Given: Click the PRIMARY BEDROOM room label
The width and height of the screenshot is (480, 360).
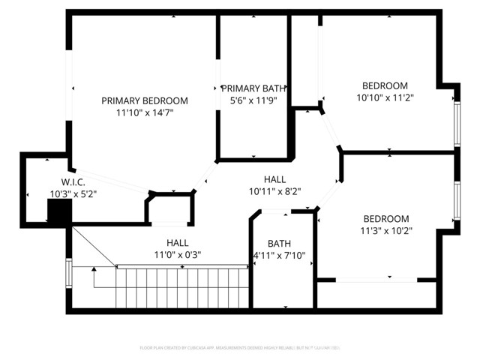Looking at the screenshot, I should coord(145,100).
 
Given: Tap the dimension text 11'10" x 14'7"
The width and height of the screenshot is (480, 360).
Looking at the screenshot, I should coord(145,112).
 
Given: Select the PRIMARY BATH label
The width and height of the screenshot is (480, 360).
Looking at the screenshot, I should coord(253,88).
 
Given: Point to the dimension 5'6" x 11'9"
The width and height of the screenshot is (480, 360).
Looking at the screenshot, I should coord(253,100).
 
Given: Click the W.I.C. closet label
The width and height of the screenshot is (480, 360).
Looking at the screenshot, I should coord(73,182).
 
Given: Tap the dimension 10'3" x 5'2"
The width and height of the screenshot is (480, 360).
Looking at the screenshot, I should coord(73,194).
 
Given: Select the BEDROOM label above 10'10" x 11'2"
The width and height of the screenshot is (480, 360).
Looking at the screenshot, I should coord(385,85).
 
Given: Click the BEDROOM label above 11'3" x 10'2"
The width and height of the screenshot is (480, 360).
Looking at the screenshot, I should coord(385,218).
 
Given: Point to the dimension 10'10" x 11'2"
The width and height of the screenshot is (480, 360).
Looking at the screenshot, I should coord(385,97).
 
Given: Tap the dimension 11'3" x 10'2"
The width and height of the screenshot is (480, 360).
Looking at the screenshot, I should coord(385,230).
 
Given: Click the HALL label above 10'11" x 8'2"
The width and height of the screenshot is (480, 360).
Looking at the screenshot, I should coord(274,179).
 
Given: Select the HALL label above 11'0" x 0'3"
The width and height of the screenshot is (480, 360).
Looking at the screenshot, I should coord(177,242).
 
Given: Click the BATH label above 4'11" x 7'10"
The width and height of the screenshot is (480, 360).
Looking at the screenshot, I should coord(279,243).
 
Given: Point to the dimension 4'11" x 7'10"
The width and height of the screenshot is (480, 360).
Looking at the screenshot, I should coord(279,255).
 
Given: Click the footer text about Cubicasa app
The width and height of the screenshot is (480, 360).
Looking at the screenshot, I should coord(240,347).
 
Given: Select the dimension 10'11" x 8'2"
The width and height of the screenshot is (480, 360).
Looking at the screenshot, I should coord(274,191).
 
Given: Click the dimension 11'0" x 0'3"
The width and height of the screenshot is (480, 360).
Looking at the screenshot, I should coord(177,254).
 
